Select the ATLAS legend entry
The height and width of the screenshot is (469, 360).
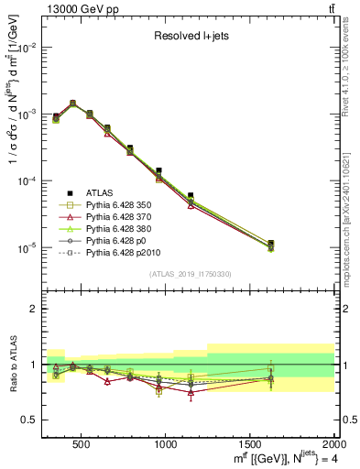tap(100, 192)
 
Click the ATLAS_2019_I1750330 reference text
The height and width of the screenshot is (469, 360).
tap(190, 273)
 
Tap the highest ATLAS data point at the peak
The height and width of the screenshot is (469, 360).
tap(72, 104)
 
